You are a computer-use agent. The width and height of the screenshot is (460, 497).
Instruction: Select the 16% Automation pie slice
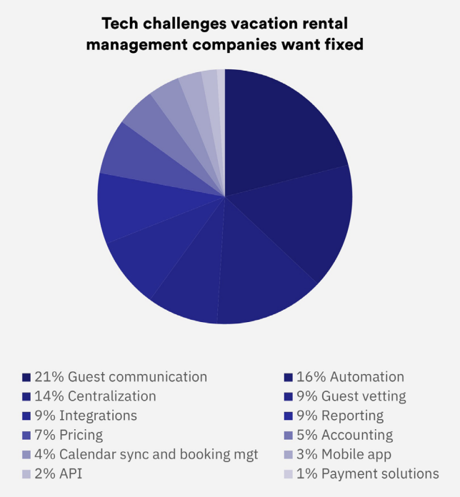(307, 221)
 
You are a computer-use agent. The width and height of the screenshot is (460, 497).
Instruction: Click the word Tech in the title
(119, 24)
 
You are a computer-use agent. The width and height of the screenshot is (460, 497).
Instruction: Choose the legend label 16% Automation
(351, 377)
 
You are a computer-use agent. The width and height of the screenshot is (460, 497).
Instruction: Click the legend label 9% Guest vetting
(351, 396)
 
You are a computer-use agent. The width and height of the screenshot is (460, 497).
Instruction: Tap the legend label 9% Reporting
(341, 416)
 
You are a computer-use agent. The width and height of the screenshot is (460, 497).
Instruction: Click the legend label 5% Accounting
(345, 435)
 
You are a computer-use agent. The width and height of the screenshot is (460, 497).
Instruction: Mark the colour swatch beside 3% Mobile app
(289, 454)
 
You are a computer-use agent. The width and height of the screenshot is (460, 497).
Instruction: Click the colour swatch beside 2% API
(26, 473)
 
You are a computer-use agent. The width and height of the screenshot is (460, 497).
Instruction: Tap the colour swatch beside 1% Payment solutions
(289, 473)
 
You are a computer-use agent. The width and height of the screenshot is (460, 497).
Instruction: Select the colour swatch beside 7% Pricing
(26, 435)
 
